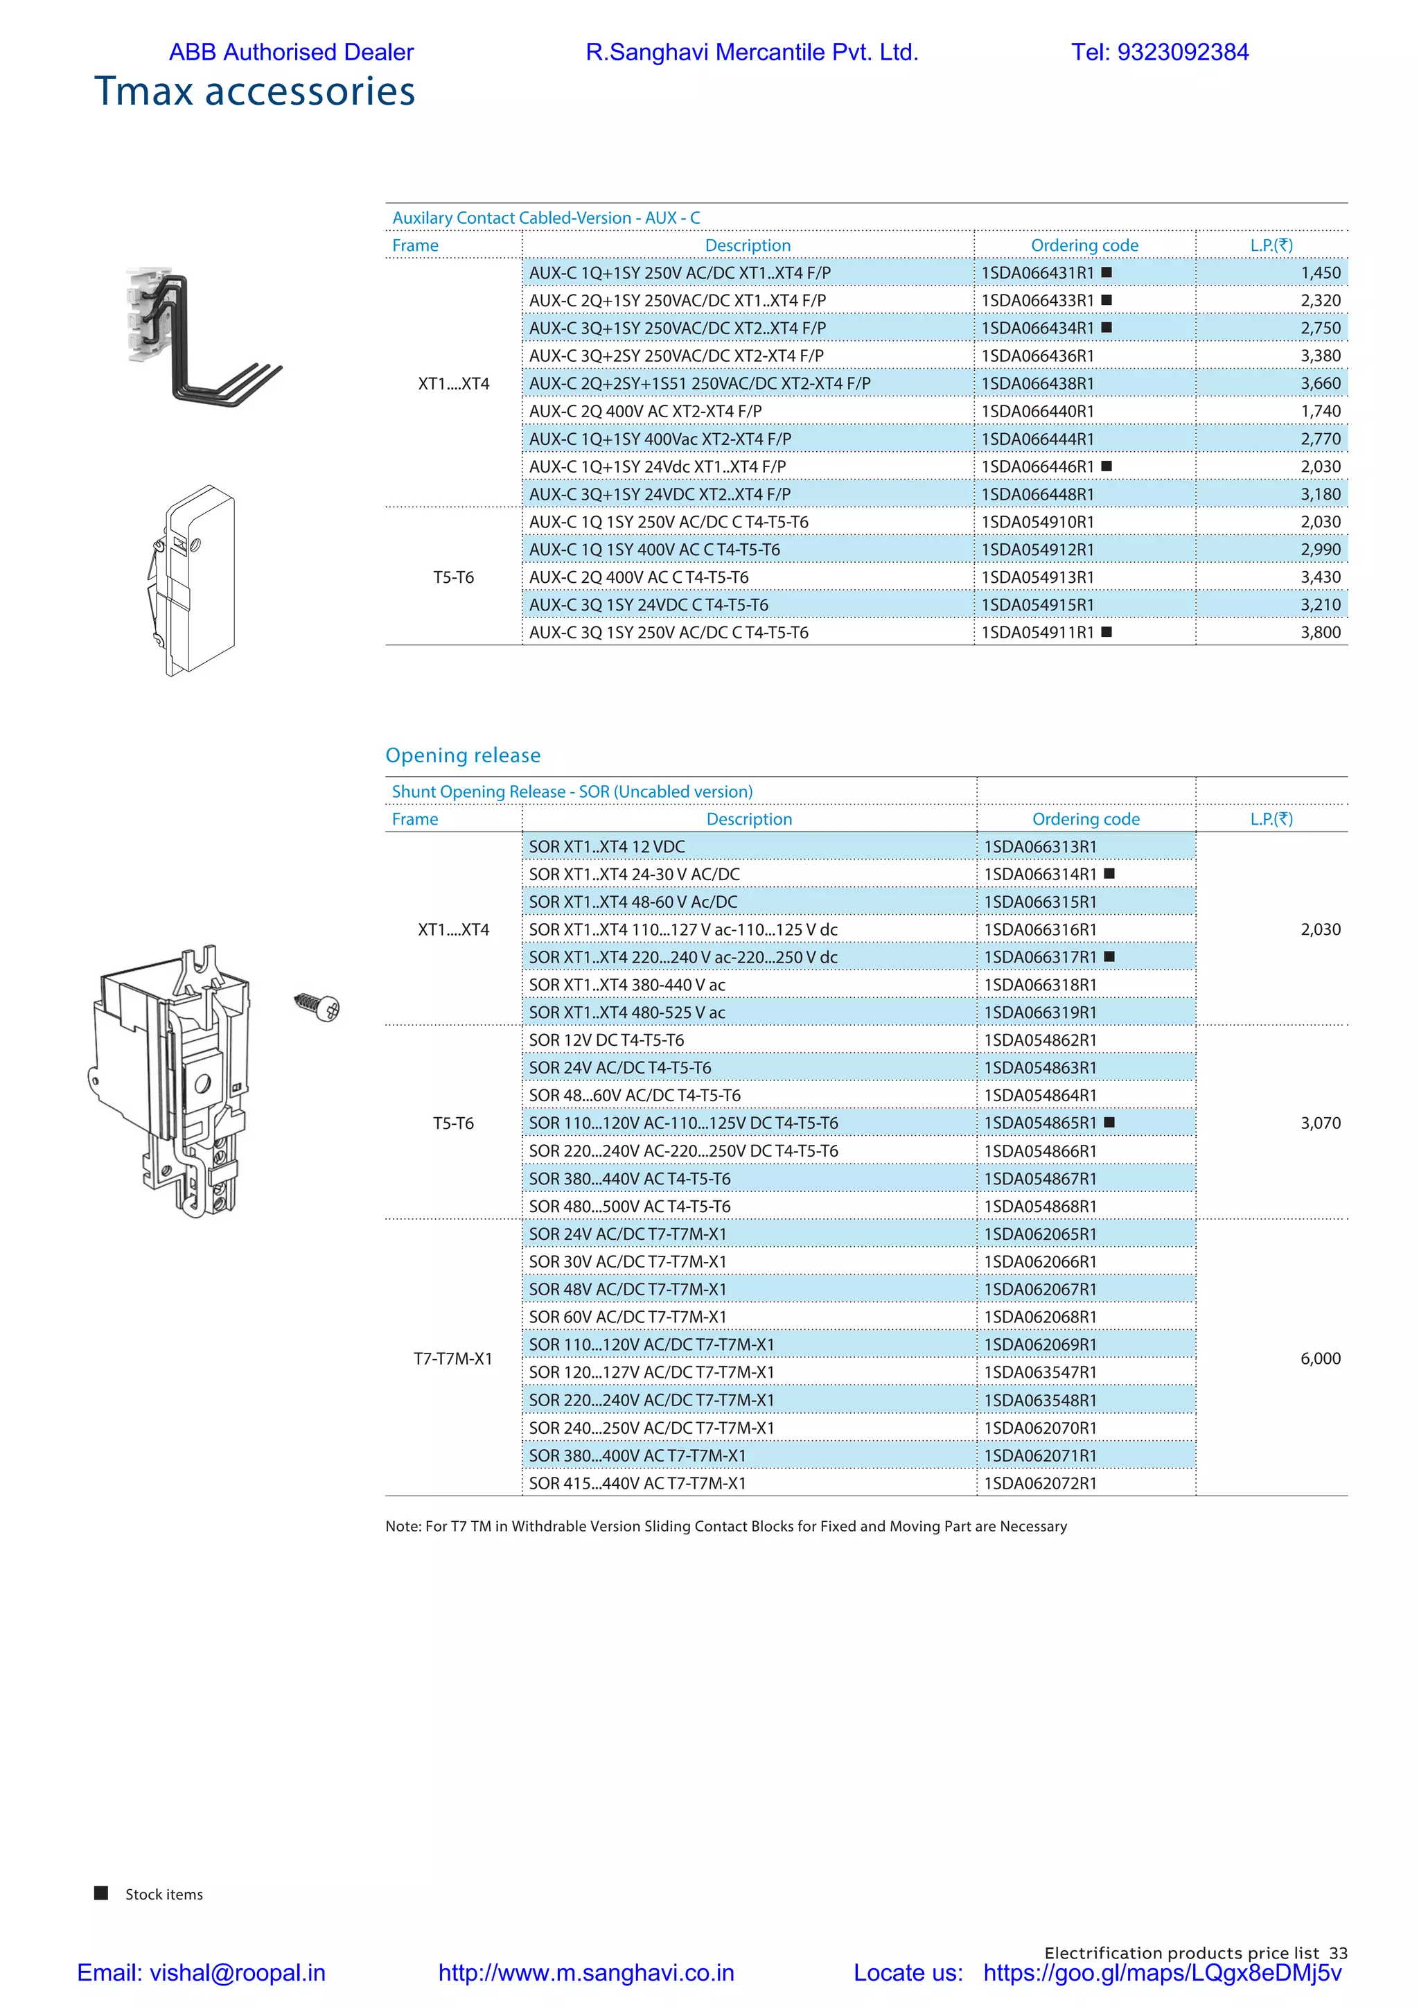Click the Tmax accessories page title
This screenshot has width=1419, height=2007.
pyautogui.click(x=254, y=91)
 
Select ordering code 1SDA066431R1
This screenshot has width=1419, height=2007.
pyautogui.click(x=1037, y=273)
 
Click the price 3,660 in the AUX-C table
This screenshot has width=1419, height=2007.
pyautogui.click(x=1319, y=384)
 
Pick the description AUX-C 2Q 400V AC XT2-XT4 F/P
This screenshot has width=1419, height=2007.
pyautogui.click(x=645, y=411)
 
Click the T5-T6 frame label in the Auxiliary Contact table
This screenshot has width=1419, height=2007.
pyautogui.click(x=454, y=577)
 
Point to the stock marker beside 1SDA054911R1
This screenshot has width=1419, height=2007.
pyautogui.click(x=1107, y=632)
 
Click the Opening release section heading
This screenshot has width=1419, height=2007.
pyautogui.click(x=462, y=755)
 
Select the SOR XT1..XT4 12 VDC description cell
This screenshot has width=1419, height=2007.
pyautogui.click(x=606, y=846)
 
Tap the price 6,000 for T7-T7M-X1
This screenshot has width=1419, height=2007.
pyautogui.click(x=1319, y=1358)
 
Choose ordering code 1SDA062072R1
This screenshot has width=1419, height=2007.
pyautogui.click(x=1040, y=1483)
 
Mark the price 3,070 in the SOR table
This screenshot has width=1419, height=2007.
pyautogui.click(x=1319, y=1123)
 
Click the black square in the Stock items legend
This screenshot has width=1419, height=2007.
pyautogui.click(x=101, y=1893)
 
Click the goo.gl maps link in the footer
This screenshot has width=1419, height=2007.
pyautogui.click(x=1161, y=1973)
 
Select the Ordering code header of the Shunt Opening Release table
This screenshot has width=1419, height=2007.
pyautogui.click(x=1085, y=819)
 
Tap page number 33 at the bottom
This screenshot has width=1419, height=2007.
pyautogui.click(x=1338, y=1953)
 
